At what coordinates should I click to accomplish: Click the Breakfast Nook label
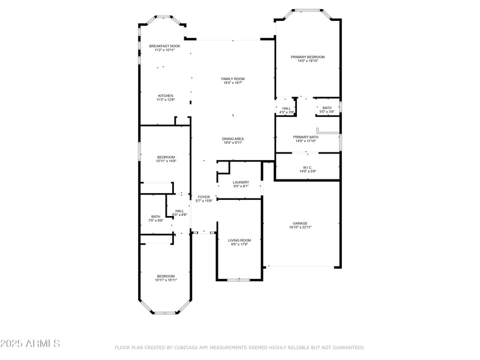[x=164, y=46]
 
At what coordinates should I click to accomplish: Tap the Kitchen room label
[x=166, y=96]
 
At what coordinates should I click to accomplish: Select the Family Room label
[x=233, y=79]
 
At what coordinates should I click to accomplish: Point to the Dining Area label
[x=233, y=139]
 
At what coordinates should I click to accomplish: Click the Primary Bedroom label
[x=308, y=57]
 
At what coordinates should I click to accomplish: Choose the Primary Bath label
[x=306, y=137]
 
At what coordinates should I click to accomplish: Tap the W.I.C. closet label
[x=307, y=168]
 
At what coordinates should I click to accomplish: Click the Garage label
[x=300, y=223]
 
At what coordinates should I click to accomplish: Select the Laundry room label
[x=241, y=182]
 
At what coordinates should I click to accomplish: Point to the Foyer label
[x=204, y=197]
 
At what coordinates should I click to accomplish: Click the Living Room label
[x=240, y=240]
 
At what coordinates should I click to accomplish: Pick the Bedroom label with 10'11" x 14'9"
[x=166, y=157]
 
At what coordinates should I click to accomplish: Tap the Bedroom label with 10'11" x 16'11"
[x=166, y=276]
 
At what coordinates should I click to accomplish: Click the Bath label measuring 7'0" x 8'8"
[x=155, y=217]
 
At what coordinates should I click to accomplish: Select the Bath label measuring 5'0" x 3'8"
[x=326, y=108]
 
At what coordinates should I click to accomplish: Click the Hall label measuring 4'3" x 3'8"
[x=287, y=109]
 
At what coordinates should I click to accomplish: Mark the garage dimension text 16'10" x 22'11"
[x=300, y=227]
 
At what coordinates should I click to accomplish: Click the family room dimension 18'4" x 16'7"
[x=233, y=83]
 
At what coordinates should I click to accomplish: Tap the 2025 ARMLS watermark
[x=30, y=344]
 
